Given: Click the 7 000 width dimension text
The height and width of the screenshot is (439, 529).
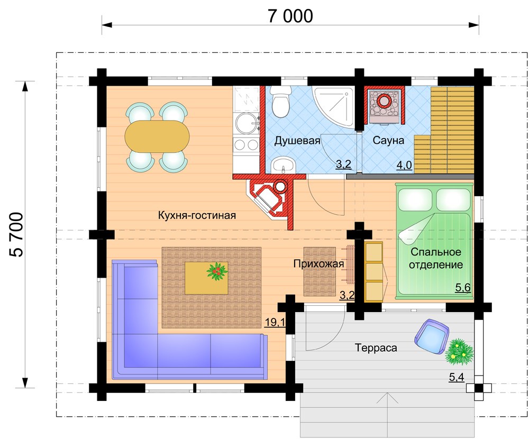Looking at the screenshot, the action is pos(290,16).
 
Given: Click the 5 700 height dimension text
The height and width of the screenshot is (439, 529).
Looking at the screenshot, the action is pos(16,234).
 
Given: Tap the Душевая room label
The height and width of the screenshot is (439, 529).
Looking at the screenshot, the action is pos(297,140).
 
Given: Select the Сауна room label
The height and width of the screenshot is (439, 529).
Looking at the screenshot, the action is pos(388,140).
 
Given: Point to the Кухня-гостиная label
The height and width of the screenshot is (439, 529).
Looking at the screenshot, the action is pos(197,215).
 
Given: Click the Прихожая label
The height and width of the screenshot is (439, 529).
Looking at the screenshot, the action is pos(318,264).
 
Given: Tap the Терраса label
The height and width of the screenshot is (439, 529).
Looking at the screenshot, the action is pos(376,347).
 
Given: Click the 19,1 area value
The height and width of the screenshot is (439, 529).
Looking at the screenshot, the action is pos(275,322).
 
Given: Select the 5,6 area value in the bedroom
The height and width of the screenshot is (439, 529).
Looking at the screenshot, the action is pos(463,288).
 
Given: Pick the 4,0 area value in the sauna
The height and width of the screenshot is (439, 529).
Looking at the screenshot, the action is pos(404,165).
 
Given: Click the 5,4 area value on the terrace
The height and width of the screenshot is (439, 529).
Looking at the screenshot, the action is pos(457,377).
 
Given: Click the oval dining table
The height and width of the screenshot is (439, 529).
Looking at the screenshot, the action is pos(157,136).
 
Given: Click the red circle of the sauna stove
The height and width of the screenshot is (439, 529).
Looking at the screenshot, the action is pos(383,100).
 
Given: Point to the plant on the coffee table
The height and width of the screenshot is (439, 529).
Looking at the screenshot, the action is pos(216,271).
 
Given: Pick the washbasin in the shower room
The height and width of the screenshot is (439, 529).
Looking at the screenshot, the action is pos(283,166).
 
